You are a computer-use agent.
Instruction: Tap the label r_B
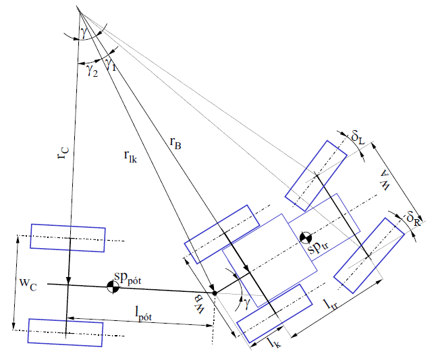(175, 142)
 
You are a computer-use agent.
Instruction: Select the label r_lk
(130, 158)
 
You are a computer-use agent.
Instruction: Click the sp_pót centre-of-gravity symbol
(113, 287)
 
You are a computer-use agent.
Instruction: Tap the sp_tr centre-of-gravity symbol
(306, 238)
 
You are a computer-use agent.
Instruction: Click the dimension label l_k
(273, 343)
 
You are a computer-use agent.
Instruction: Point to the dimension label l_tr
(333, 305)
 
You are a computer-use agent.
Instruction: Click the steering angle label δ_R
(414, 218)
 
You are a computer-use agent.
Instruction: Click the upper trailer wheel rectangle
(67, 238)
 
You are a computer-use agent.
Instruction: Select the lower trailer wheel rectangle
(65, 332)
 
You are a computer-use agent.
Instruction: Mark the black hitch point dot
(215, 293)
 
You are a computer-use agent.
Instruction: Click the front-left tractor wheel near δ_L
(315, 174)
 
